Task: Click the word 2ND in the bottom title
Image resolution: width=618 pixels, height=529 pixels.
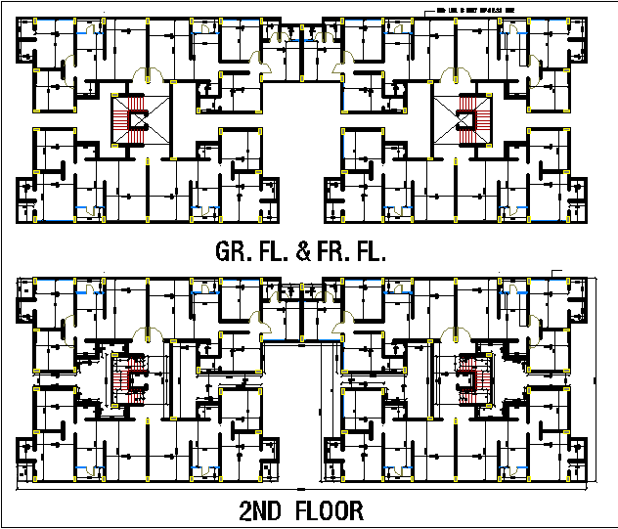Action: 261,510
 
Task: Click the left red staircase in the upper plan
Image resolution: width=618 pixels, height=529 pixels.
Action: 125,121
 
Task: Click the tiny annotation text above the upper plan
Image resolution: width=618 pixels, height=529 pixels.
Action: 474,10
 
